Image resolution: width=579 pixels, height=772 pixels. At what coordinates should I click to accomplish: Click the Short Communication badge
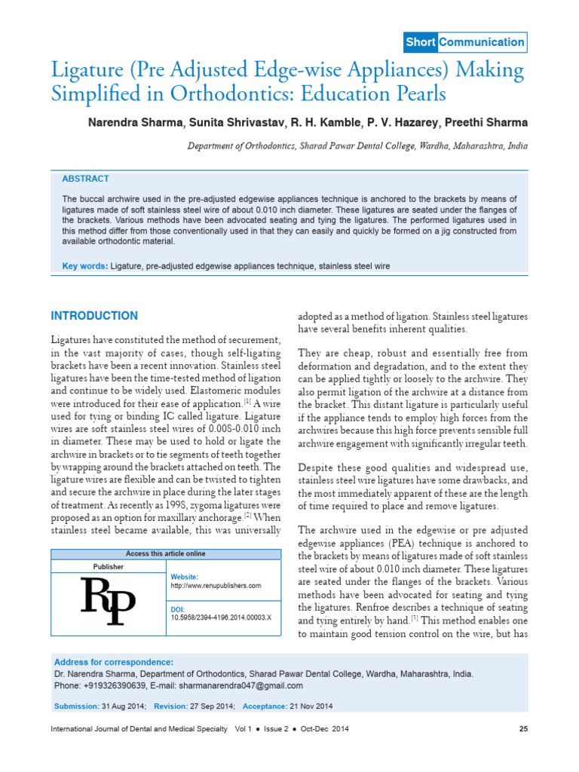coord(464,43)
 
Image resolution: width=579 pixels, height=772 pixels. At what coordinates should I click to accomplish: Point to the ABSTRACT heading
coord(85,179)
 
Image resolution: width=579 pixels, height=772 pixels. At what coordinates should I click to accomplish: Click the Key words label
coord(85,266)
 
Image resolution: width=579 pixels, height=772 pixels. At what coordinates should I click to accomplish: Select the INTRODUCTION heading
coord(93,316)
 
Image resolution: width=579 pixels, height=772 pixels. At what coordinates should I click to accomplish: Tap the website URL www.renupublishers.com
coord(216,585)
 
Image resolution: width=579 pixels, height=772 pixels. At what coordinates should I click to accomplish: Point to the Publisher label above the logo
coord(109,566)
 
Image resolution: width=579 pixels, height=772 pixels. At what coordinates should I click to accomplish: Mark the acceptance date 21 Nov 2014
coord(311,706)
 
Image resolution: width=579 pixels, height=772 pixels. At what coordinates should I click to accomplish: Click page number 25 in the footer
coord(523,729)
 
